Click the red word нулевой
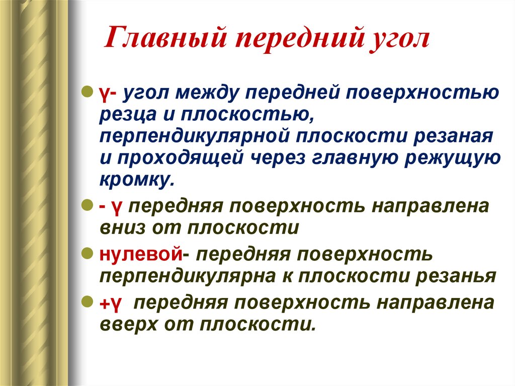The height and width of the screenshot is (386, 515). point(140,255)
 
